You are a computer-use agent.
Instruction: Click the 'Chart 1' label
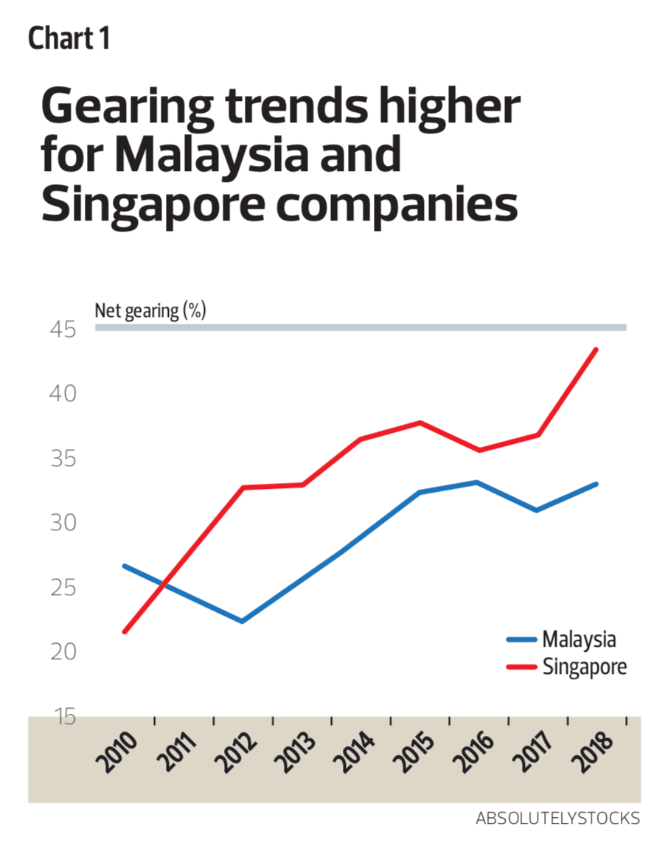pos(69,38)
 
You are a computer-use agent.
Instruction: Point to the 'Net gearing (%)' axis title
pos(150,310)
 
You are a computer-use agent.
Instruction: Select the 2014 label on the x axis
pos(355,751)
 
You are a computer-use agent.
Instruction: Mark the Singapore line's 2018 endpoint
pos(597,350)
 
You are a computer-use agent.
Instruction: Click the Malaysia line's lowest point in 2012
pos(242,621)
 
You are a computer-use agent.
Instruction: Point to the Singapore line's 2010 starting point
pos(125,631)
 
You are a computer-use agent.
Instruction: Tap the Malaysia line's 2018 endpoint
pos(597,484)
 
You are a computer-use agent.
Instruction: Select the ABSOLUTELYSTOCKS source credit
pos(557,819)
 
